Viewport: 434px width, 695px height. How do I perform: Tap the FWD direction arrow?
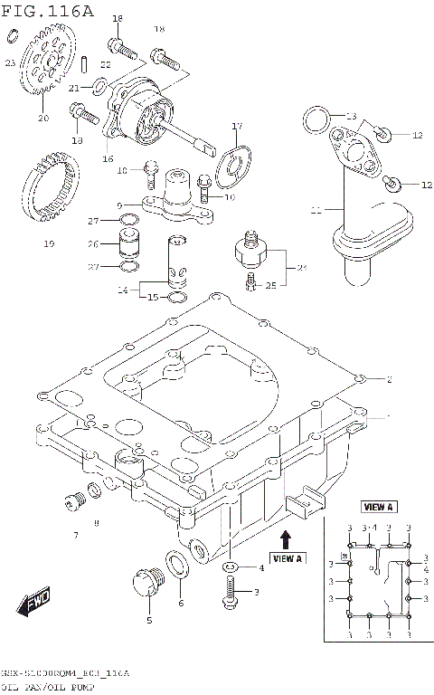(x=35, y=602)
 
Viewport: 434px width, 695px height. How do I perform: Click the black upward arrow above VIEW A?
(x=285, y=540)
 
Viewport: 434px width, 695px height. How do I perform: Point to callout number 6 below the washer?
(x=180, y=604)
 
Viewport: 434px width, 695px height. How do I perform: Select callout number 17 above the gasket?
(x=237, y=127)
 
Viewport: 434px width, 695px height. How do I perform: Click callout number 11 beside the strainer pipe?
(x=316, y=211)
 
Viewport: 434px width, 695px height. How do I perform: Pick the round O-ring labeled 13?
(x=313, y=119)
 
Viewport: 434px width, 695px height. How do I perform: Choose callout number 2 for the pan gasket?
(x=389, y=378)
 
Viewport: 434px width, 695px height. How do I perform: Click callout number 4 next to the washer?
(x=261, y=567)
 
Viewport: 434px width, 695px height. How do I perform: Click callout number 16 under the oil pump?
(x=108, y=158)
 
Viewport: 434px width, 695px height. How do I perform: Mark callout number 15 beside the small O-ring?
(x=153, y=297)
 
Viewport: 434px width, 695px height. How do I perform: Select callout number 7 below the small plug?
(x=75, y=536)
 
